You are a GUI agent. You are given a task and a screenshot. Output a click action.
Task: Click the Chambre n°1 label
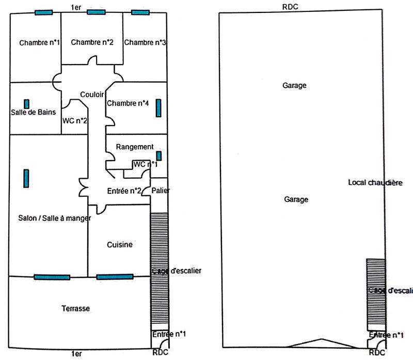pyautogui.click(x=35, y=42)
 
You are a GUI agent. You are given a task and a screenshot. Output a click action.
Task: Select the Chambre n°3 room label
pyautogui.click(x=145, y=42)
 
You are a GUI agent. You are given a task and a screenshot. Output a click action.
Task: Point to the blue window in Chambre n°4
pyautogui.click(x=158, y=108)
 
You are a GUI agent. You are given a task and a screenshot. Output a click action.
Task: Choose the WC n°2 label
pyautogui.click(x=74, y=121)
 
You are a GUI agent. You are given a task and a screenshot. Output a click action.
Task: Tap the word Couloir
pyautogui.click(x=92, y=95)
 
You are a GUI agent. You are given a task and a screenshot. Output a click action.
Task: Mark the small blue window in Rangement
pyautogui.click(x=158, y=155)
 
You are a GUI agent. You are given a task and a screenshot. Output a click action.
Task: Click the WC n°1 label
pyautogui.click(x=145, y=164)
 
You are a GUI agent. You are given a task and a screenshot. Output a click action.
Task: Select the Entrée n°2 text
pyautogui.click(x=124, y=191)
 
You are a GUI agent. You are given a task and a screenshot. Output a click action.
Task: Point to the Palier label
pyautogui.click(x=161, y=191)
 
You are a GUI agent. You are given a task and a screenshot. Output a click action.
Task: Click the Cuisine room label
pyautogui.click(x=119, y=244)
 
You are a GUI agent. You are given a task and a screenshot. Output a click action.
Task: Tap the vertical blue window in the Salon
pyautogui.click(x=26, y=179)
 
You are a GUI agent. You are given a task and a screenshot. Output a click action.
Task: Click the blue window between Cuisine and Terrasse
pyautogui.click(x=115, y=277)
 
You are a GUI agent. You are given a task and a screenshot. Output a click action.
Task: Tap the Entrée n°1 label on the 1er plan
pyautogui.click(x=169, y=335)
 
